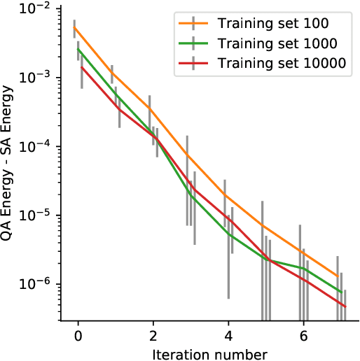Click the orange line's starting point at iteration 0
pos(75,29)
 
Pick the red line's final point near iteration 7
pos(345,306)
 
